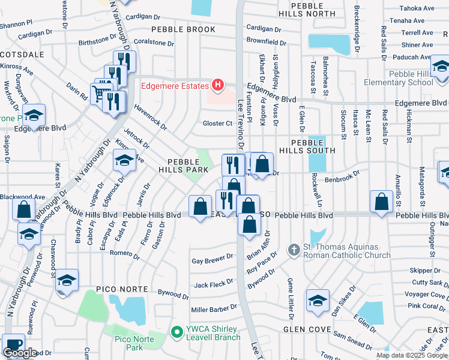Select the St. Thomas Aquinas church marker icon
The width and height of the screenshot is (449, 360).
click(294, 248)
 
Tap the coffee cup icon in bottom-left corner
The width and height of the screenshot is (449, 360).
click(13, 346)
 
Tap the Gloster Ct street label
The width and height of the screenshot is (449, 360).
click(217, 124)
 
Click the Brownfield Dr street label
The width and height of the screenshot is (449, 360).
click(266, 43)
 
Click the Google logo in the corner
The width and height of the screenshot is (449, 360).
click(20, 353)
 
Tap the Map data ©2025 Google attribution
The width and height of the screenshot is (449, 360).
click(411, 355)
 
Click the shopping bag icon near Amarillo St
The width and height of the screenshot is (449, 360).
click(381, 202)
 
